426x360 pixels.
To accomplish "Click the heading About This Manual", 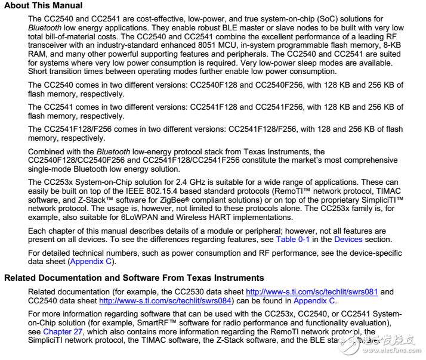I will (44, 6).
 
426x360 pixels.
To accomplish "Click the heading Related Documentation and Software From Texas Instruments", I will (134, 278).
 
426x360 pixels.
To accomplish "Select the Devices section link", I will (348, 239).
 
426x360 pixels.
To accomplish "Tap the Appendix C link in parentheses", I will (92, 261).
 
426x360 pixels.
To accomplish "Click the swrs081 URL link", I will (313, 291).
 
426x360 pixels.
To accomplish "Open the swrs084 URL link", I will (165, 300).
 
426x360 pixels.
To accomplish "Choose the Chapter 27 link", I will (63, 332).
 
